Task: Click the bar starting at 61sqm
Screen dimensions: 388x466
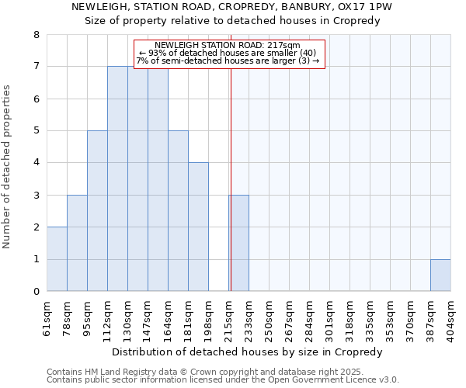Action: [57, 259]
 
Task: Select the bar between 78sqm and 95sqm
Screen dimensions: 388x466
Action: [77, 243]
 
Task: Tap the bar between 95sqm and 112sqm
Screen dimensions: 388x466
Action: [97, 211]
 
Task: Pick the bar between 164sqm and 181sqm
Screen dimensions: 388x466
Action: [178, 211]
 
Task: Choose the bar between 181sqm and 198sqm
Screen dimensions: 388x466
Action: [198, 227]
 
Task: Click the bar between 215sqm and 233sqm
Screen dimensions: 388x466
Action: [239, 243]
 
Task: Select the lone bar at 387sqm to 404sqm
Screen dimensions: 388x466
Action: [440, 275]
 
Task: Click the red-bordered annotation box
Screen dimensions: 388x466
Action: [228, 54]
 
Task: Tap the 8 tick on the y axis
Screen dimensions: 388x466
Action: [36, 35]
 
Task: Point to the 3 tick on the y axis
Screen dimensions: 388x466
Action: [36, 195]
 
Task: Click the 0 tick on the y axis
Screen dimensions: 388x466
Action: [36, 292]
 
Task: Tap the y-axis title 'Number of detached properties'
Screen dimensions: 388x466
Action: [8, 167]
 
